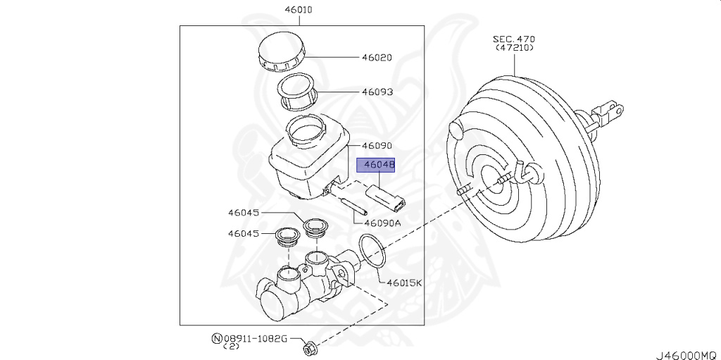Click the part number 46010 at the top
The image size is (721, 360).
click(298, 11)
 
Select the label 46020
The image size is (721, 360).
click(377, 58)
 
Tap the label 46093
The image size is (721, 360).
click(377, 92)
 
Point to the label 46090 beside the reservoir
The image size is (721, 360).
click(377, 146)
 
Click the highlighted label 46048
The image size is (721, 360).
click(377, 166)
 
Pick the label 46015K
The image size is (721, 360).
click(404, 283)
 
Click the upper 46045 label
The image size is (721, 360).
click(244, 212)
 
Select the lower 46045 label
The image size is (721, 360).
click(244, 233)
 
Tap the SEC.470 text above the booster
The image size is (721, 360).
click(515, 39)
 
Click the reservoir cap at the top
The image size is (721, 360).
click(280, 52)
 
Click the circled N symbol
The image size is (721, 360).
click(216, 339)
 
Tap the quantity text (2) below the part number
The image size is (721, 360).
click(232, 347)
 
